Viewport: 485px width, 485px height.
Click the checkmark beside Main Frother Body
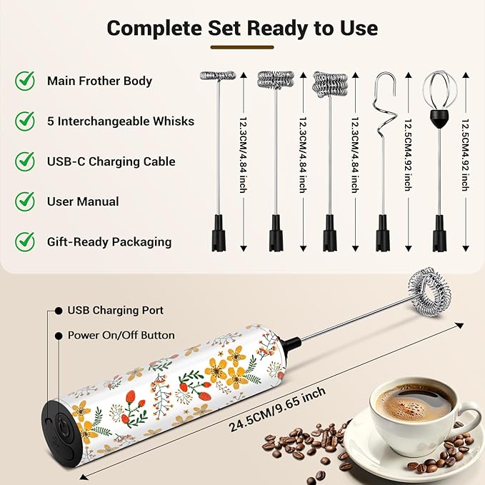25,81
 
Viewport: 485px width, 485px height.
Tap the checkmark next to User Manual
25,201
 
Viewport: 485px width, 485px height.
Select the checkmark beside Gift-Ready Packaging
25,241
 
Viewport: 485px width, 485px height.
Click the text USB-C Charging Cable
111,161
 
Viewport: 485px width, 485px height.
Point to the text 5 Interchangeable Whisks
121,121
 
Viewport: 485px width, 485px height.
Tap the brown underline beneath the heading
242,47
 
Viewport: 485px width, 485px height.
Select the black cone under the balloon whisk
439,119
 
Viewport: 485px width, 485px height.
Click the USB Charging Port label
116,310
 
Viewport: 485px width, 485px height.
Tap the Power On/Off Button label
121,335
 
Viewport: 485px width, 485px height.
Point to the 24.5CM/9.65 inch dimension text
277,409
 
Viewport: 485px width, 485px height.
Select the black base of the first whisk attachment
219,233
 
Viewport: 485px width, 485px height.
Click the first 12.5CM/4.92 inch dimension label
409,155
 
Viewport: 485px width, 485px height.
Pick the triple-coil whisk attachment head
330,84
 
